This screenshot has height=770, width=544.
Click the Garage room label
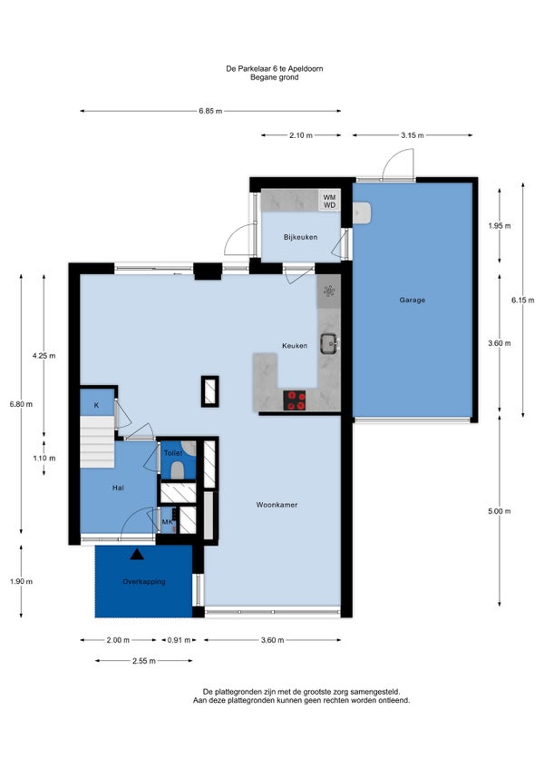(412, 300)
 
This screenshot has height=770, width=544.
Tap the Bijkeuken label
(301, 237)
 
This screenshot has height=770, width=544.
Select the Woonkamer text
(277, 505)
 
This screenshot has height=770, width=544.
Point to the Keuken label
(295, 346)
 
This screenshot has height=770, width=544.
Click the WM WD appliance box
(330, 201)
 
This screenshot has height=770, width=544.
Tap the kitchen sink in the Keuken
(328, 344)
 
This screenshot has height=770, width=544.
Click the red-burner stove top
(295, 400)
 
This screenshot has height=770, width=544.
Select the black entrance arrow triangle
(137, 555)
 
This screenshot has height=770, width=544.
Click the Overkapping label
(144, 582)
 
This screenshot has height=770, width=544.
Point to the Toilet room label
(172, 453)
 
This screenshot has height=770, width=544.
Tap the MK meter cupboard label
(167, 522)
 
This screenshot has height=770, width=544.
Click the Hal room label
(118, 489)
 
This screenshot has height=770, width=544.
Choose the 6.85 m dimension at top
(210, 111)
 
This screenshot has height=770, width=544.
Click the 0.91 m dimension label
(179, 640)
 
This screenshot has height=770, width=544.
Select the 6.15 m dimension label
(523, 301)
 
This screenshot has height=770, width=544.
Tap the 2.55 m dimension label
(144, 661)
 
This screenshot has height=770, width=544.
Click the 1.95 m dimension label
(500, 226)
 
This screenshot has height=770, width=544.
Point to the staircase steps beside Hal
(97, 442)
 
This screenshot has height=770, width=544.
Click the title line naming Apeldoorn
(274, 69)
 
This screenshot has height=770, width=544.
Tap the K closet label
(97, 406)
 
